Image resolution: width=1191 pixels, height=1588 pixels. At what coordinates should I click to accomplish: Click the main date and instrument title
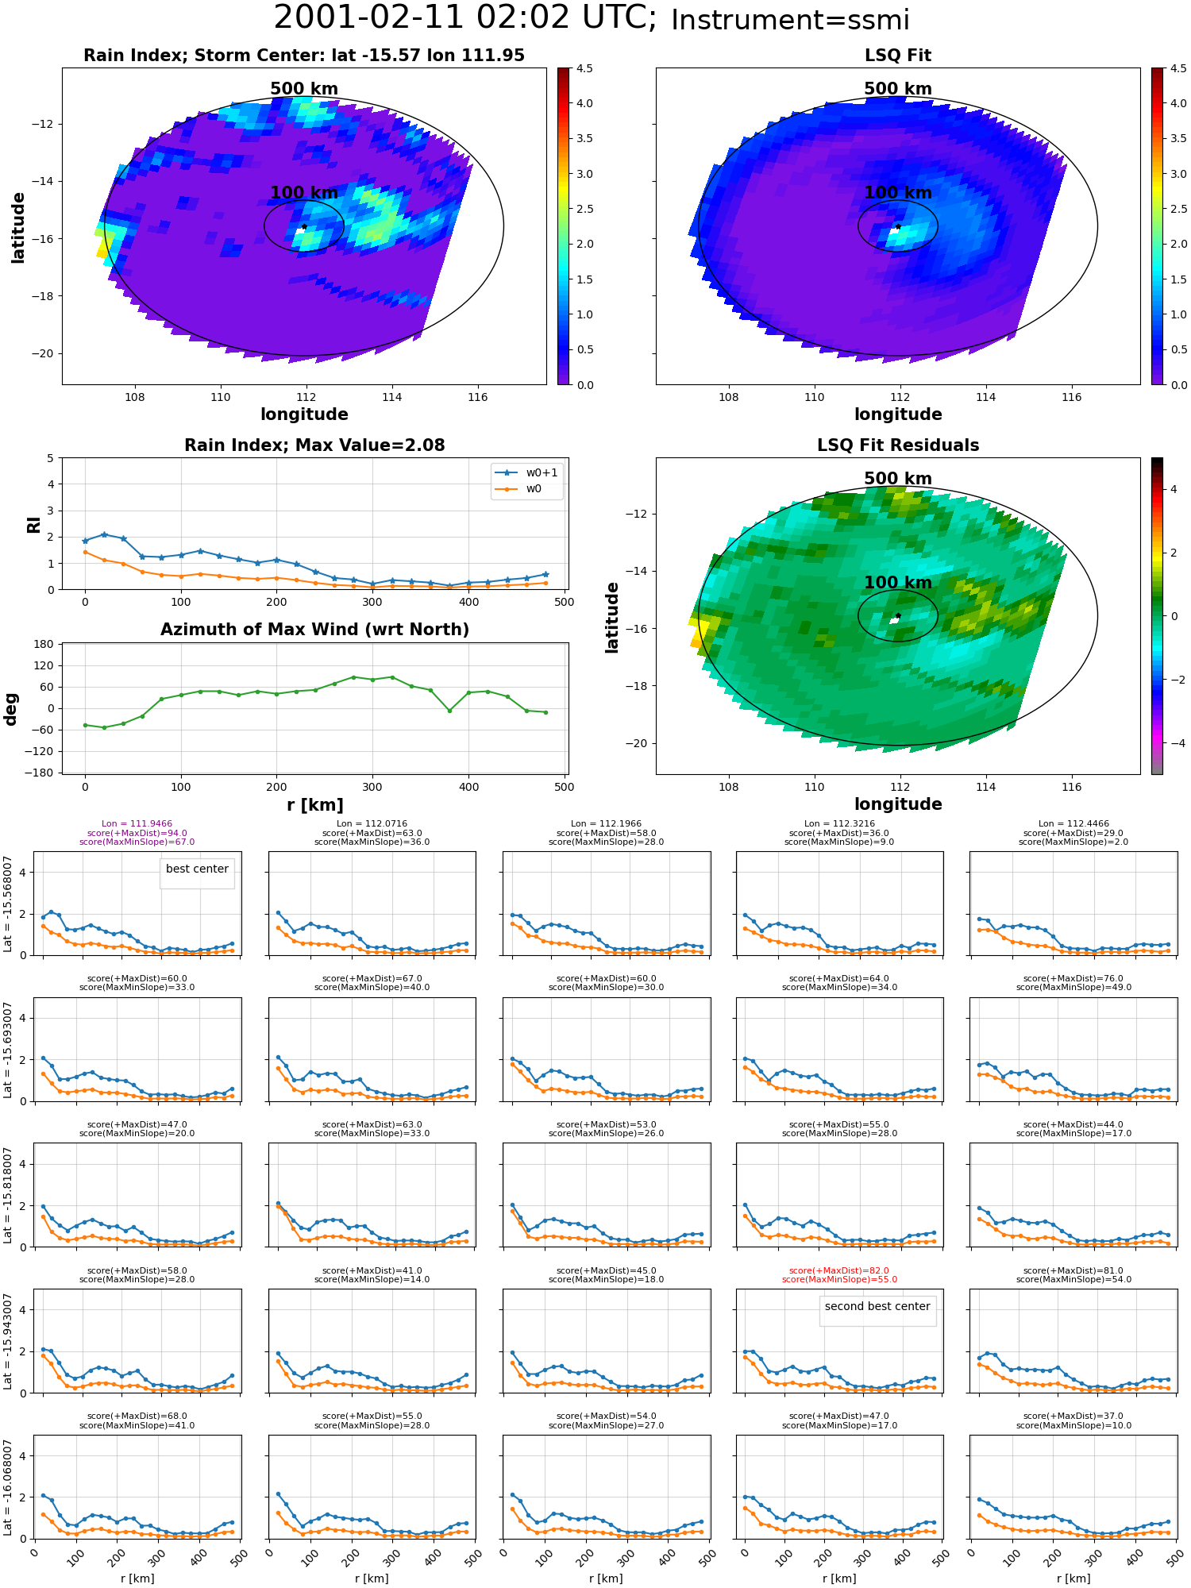(592, 18)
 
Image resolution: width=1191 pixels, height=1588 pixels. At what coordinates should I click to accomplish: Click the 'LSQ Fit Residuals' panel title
(898, 445)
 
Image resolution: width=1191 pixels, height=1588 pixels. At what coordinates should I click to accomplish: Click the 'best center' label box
(197, 869)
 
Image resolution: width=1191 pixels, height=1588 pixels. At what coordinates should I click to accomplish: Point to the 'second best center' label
(877, 1306)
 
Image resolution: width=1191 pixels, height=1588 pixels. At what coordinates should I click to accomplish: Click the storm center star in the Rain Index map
(304, 227)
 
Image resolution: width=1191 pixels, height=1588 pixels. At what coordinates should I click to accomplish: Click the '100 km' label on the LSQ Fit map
(898, 193)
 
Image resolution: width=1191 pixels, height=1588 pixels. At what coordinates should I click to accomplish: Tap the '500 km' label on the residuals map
(898, 479)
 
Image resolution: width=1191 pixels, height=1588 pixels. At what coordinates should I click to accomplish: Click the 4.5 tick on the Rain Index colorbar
(584, 68)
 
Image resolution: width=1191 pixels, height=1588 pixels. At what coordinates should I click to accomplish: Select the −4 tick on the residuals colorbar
(1174, 743)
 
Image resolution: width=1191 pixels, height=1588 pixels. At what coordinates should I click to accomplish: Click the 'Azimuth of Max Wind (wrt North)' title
(314, 630)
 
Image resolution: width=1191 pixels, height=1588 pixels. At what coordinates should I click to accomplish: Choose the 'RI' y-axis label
(33, 524)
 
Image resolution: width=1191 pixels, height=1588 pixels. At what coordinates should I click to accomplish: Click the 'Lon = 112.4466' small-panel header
(1073, 824)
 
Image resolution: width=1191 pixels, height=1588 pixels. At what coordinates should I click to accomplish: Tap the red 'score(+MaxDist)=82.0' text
(839, 1270)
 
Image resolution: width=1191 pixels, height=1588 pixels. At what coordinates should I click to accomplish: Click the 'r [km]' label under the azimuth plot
(314, 805)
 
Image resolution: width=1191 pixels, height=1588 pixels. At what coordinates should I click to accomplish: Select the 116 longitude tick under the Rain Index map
(477, 398)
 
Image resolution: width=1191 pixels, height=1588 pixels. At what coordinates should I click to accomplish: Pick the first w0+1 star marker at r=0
(85, 541)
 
